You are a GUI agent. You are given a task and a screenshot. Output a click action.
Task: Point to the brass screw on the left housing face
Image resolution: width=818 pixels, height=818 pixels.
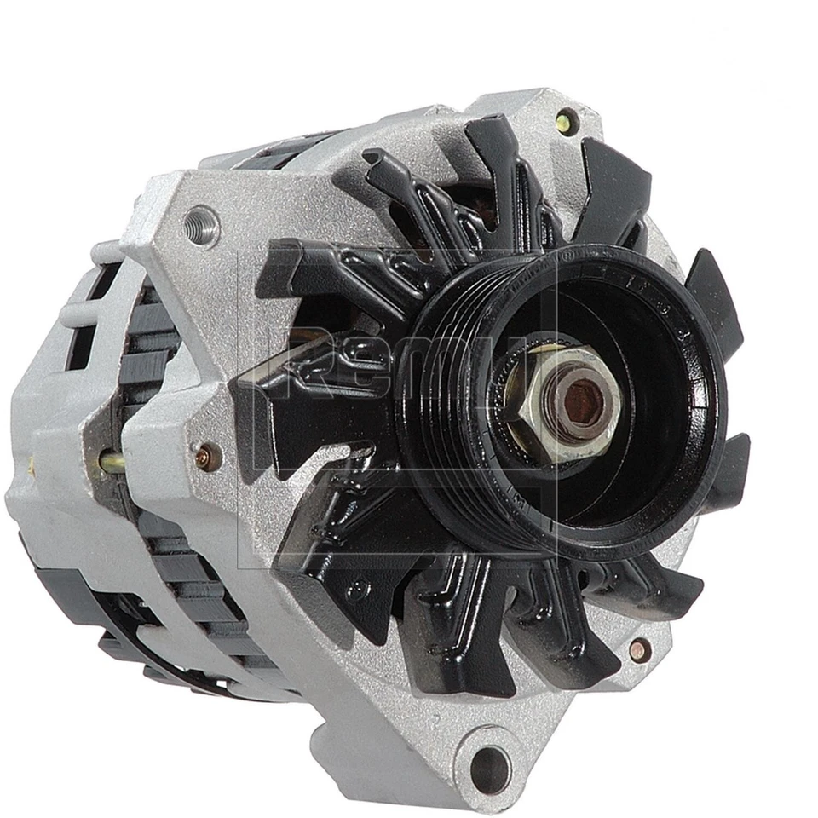pos(205,458)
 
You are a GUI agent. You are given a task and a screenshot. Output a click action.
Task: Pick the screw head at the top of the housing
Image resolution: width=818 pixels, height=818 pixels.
pos(565,123)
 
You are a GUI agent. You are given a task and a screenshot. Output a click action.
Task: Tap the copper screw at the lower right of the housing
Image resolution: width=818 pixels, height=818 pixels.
pos(638,650)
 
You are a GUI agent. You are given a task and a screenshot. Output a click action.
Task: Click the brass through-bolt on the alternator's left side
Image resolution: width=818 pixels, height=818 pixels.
pos(111,462)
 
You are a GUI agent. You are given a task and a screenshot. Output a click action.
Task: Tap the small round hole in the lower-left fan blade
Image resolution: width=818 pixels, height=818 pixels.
pos(361,588)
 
